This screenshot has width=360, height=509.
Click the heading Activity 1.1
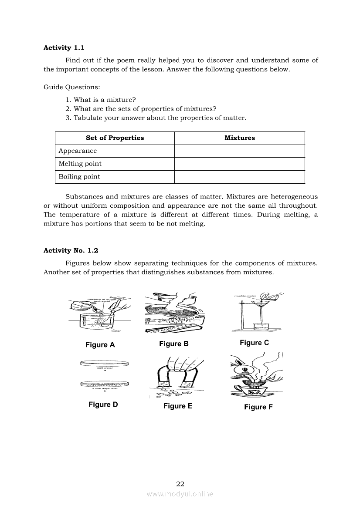64,48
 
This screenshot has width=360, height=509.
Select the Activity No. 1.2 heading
71,250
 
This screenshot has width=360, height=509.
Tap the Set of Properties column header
115,138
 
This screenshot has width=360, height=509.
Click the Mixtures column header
240,138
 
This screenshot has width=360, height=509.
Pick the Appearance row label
78,151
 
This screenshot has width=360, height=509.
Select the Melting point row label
80,164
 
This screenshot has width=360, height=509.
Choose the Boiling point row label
79,177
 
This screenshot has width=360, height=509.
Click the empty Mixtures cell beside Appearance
239,151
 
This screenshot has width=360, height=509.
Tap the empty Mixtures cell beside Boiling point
239,177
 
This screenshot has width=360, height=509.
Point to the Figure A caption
100,345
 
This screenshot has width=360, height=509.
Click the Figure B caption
174,344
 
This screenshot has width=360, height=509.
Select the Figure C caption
255,343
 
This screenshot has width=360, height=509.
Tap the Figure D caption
103,405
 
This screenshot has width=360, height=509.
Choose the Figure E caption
178,406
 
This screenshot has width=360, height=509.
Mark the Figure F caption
258,407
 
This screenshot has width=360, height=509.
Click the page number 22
180,484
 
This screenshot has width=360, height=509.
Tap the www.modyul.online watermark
180,494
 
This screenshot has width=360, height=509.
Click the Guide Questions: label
72,87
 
